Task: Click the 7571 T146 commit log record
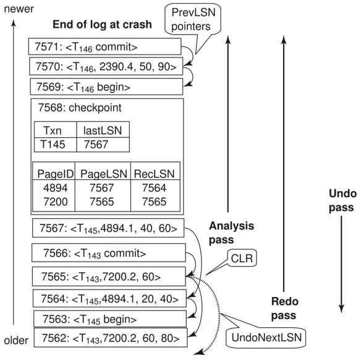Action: point(104,47)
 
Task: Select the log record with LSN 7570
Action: point(106,66)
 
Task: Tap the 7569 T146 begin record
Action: point(106,87)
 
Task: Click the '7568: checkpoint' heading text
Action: point(80,108)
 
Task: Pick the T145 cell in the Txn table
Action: point(53,145)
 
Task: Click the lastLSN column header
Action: point(103,131)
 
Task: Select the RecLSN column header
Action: point(155,174)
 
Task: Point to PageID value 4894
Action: point(56,187)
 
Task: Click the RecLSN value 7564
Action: point(154,187)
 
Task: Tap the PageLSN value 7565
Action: point(102,202)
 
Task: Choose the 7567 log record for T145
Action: point(108,228)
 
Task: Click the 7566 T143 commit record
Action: point(109,253)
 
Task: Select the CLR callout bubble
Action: point(242,258)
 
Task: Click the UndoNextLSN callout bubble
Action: point(266,338)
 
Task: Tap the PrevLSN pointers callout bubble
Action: point(193,19)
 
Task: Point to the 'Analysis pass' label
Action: point(231,233)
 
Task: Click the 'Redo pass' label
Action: point(285,308)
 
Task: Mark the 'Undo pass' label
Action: point(343,200)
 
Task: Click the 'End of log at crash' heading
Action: point(102,24)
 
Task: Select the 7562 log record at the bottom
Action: point(111,338)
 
